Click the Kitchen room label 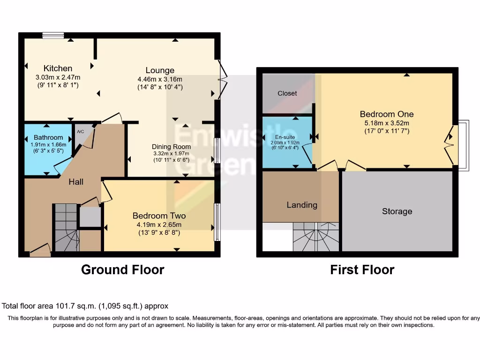tap(58, 68)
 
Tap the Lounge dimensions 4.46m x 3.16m tap(160, 79)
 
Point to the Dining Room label tap(171, 146)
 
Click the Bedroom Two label tap(159, 216)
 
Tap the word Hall tap(76, 181)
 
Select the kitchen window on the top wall tap(52, 35)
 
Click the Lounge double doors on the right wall tap(222, 80)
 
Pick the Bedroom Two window tap(217, 222)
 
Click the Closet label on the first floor tap(287, 93)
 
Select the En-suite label tap(285, 137)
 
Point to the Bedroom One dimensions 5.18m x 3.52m tap(387, 123)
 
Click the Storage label tap(397, 211)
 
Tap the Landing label tap(302, 205)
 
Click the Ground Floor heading tap(122, 270)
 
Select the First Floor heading tap(362, 270)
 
